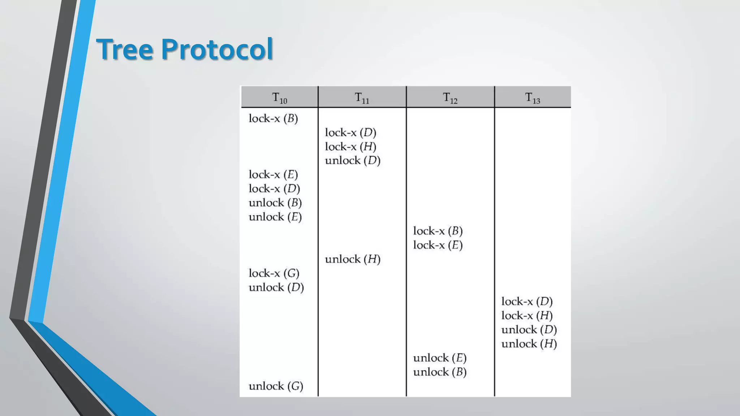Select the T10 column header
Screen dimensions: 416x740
coord(279,97)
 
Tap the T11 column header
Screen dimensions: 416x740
coord(362,97)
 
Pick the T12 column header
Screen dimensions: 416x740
coord(450,97)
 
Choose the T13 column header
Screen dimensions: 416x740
coord(532,97)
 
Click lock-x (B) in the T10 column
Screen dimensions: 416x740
coord(273,118)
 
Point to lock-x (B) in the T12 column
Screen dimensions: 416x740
coord(438,231)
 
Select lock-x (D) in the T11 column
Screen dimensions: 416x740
coord(350,133)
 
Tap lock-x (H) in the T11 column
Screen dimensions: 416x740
coord(350,147)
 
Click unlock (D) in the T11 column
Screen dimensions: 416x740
coord(353,160)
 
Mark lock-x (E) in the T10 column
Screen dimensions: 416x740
coord(273,174)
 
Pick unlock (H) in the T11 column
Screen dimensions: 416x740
coord(353,259)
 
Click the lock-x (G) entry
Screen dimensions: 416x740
coord(274,273)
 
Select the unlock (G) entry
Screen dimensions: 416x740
coord(276,386)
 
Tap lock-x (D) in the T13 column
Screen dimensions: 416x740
coord(527,301)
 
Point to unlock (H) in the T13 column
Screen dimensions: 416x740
coord(529,343)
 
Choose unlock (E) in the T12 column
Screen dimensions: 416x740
coord(440,358)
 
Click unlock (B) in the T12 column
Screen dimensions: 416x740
coord(440,372)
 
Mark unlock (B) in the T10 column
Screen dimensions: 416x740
coord(275,203)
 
